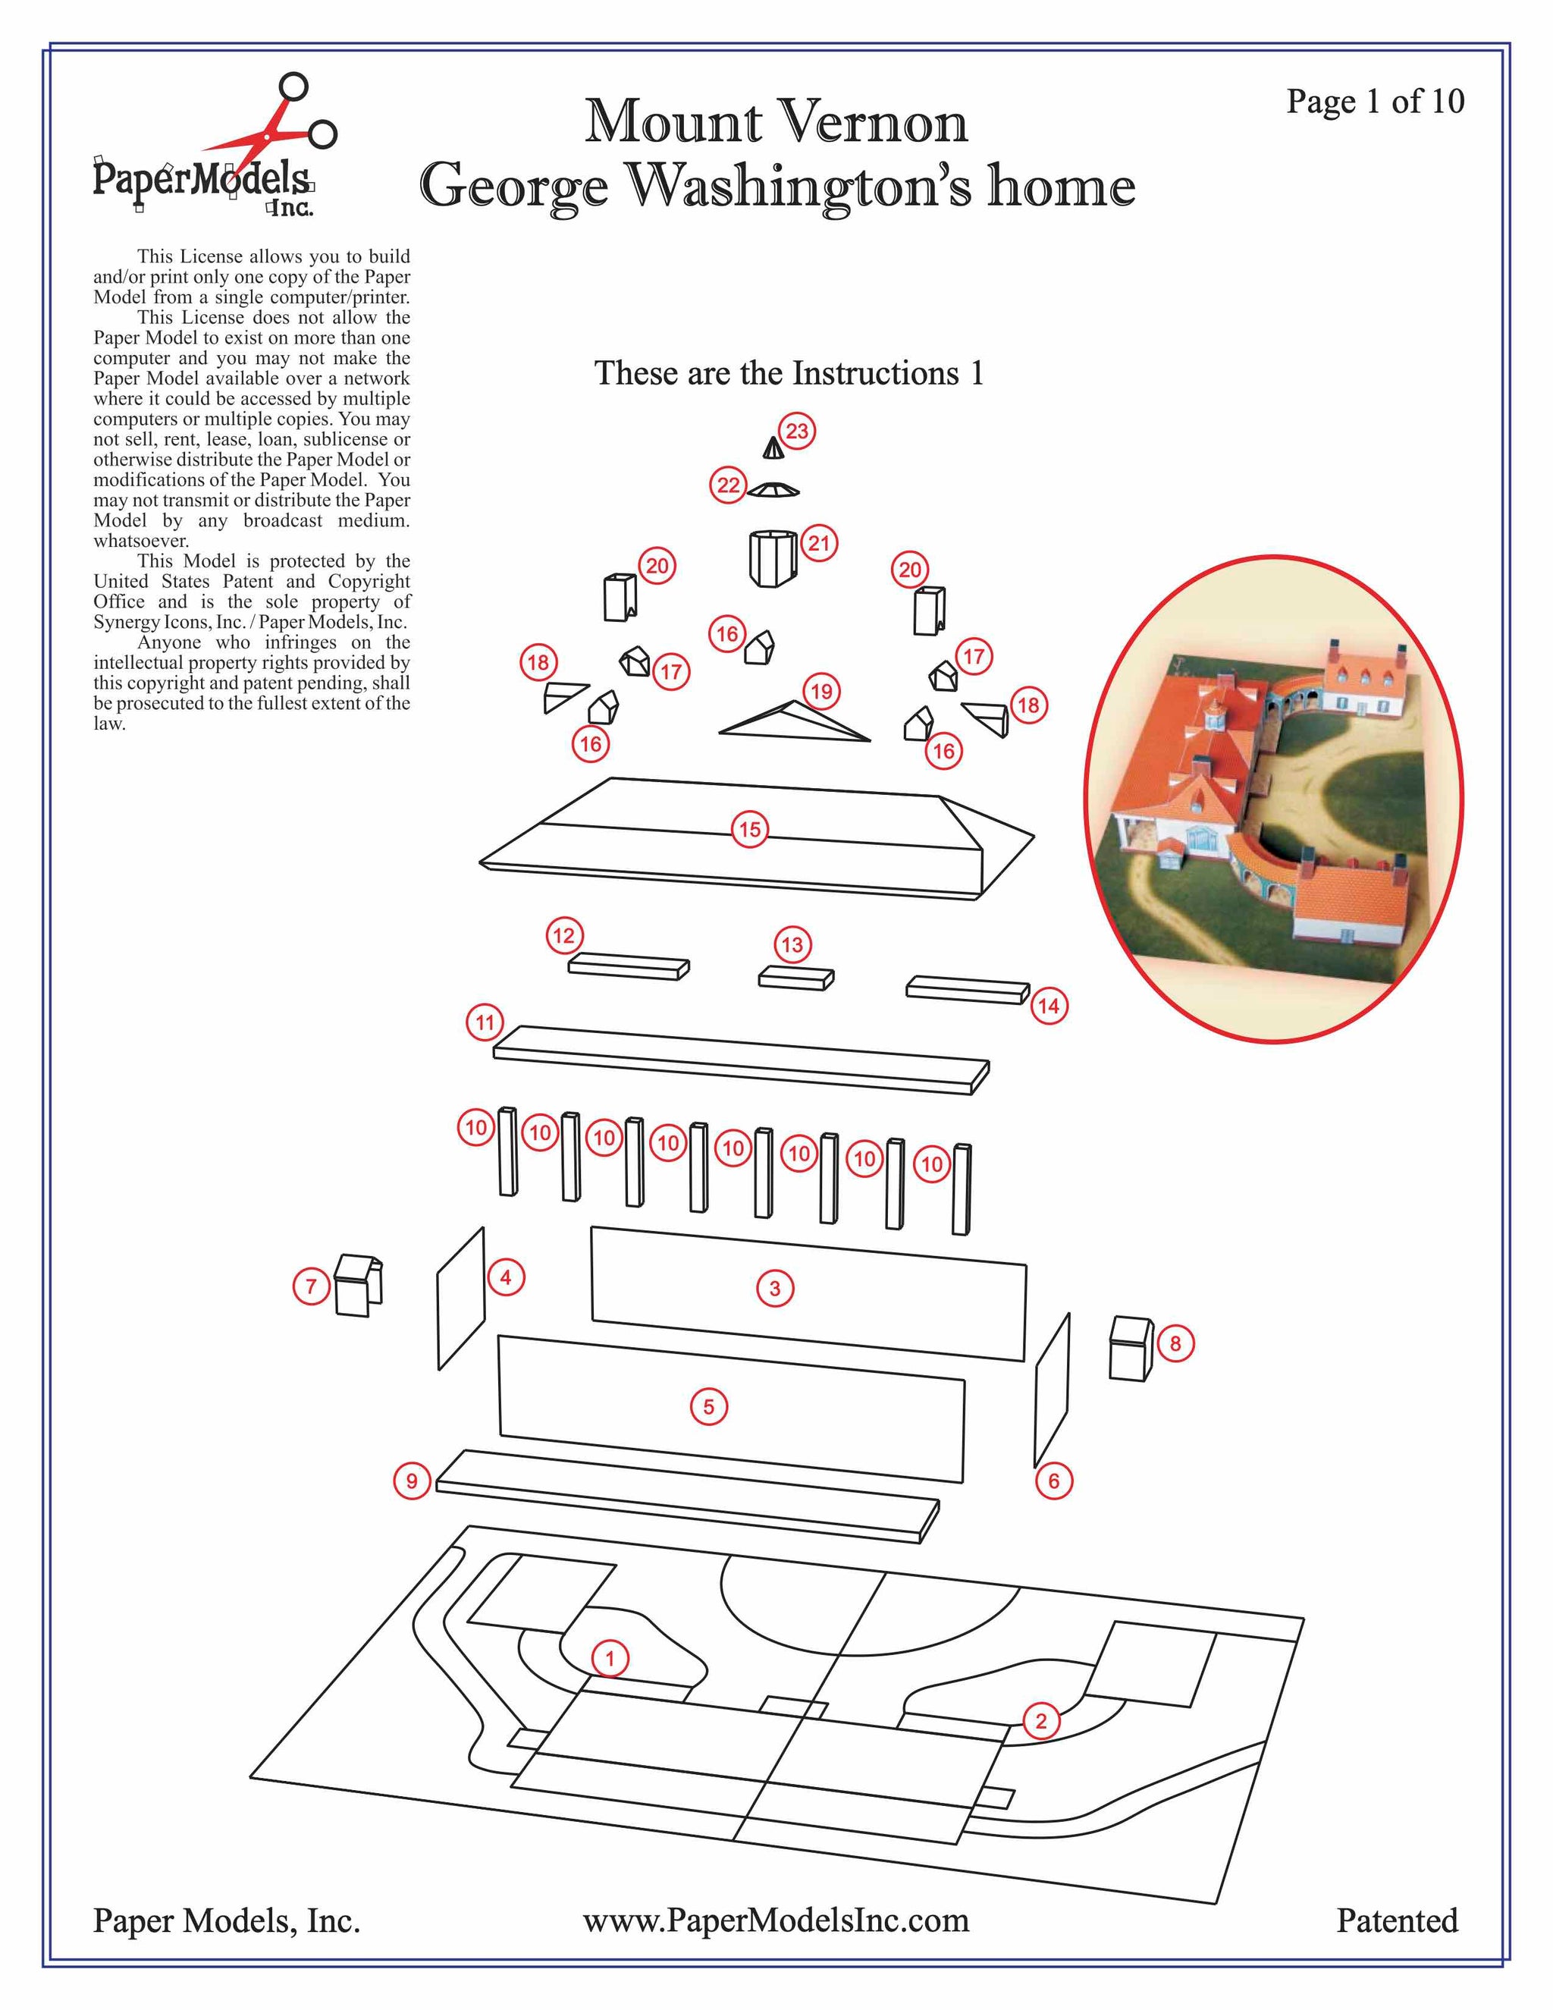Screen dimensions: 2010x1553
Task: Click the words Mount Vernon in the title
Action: [x=776, y=121]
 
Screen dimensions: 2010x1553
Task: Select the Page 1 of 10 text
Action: [x=1375, y=101]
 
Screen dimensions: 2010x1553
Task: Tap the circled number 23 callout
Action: [x=797, y=431]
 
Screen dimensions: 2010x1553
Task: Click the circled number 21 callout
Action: [x=819, y=543]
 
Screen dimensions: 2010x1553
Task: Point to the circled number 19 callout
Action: [x=820, y=691]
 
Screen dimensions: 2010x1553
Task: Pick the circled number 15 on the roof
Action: [x=750, y=830]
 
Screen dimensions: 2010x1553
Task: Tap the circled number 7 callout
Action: [x=311, y=1286]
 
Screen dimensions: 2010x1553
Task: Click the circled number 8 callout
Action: [x=1175, y=1344]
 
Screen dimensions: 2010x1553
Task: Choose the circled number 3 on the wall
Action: [x=775, y=1289]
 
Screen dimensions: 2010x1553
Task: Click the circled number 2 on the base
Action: [x=1040, y=1721]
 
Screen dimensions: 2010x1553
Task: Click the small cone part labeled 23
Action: [x=773, y=448]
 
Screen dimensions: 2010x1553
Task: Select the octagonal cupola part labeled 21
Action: [x=771, y=557]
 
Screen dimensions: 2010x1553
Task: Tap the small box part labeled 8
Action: [x=1131, y=1349]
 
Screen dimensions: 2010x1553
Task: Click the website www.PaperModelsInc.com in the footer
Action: [x=776, y=1920]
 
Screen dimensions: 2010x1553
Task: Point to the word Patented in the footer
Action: [x=1397, y=1920]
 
